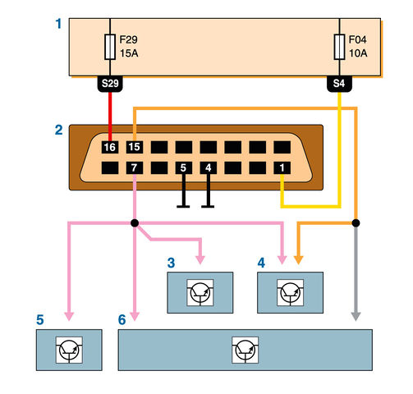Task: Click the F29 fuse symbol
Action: [x=110, y=47]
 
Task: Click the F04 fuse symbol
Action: [x=339, y=47]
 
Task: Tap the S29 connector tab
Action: [x=110, y=84]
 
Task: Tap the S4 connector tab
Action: [x=339, y=84]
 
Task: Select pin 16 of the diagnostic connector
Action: [x=110, y=147]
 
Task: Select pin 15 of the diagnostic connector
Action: [x=135, y=147]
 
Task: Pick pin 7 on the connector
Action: [x=135, y=167]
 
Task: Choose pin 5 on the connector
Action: [x=184, y=167]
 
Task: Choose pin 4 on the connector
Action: [x=209, y=167]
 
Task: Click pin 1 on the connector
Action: [x=282, y=167]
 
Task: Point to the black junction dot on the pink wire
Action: [x=135, y=223]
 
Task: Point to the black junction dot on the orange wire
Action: [x=356, y=223]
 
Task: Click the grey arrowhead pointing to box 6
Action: [x=356, y=316]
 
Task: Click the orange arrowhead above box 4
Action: [x=299, y=260]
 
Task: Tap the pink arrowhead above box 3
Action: [x=200, y=260]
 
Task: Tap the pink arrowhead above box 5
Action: [x=69, y=316]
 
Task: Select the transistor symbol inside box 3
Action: [x=200, y=292]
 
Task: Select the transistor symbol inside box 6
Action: [x=245, y=350]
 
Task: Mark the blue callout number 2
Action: [x=59, y=130]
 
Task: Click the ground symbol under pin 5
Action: [x=183, y=191]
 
